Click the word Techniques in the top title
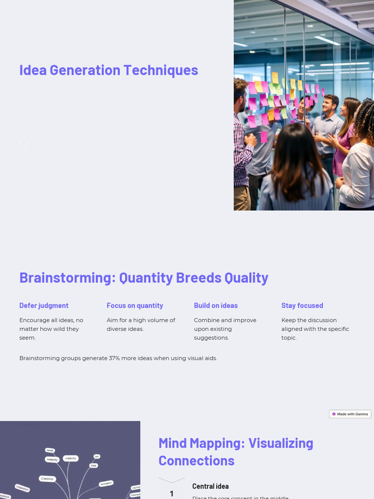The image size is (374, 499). click(160, 70)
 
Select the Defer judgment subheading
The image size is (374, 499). click(44, 306)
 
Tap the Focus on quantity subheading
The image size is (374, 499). click(135, 306)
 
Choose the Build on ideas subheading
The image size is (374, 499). click(216, 306)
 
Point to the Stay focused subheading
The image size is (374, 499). click(302, 306)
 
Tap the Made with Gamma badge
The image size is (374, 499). click(350, 414)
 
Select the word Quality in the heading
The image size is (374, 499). click(246, 278)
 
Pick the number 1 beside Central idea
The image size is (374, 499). click(171, 494)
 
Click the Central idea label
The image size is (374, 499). click(210, 486)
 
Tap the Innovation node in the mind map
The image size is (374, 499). click(106, 483)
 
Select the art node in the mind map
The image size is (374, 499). click(97, 457)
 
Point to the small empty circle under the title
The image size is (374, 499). click(24, 144)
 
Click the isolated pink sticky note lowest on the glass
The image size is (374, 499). click(264, 137)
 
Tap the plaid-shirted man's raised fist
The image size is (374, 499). click(250, 140)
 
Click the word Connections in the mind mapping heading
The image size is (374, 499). click(196, 461)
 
